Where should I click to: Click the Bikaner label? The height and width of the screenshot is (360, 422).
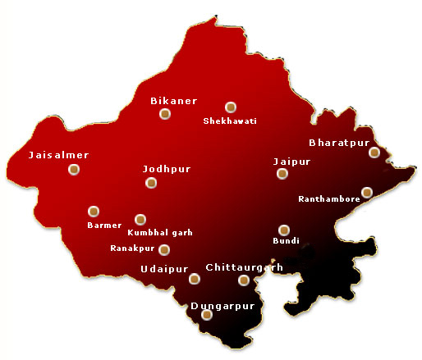173,101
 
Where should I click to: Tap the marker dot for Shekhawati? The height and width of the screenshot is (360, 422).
231,107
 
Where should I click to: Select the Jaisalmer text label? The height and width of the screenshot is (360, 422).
58,155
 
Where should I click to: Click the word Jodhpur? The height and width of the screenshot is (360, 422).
167,169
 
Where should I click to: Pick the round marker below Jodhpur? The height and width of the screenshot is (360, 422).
151,183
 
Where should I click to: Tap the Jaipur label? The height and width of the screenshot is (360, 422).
291,162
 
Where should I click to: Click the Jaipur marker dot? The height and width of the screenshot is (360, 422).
282,174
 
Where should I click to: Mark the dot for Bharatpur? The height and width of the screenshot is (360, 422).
374,152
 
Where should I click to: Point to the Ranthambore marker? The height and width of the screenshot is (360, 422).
367,193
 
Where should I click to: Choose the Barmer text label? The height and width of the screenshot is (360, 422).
104,225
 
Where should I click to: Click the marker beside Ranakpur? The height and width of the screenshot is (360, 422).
164,249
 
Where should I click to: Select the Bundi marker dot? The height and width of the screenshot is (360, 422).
284,230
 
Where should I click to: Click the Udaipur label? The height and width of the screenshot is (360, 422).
164,269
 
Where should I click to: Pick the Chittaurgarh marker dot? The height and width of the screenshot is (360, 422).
243,280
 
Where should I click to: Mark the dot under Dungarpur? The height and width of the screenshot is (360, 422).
207,314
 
